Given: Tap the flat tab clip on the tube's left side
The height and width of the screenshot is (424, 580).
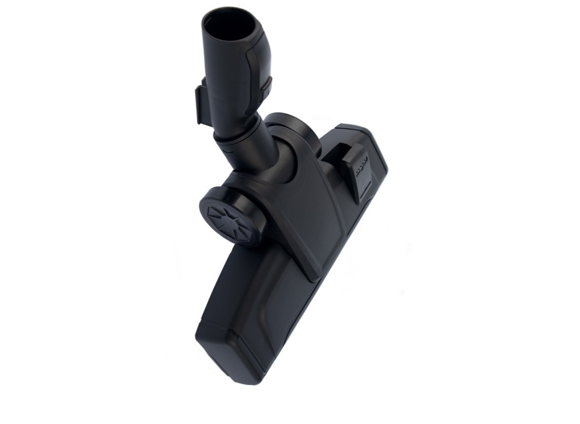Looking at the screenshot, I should click(202, 104).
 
